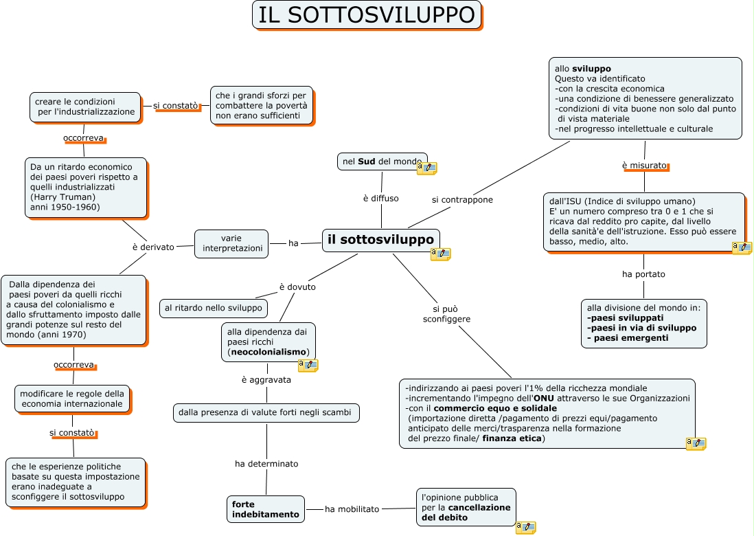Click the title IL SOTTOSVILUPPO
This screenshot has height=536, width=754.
pos(367,15)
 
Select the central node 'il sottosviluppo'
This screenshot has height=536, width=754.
pos(380,240)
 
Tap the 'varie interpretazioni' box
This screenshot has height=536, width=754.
pos(231,243)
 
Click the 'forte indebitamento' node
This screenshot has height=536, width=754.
pos(266,509)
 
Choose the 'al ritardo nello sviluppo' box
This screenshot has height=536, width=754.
pos(214,309)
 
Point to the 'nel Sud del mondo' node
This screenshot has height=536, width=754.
pos(382,161)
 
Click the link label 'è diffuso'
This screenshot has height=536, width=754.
pos(380,199)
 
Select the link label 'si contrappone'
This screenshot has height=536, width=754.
pos(462,200)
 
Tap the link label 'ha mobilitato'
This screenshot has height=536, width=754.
pos(352,509)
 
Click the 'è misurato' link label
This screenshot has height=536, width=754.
pos(644,166)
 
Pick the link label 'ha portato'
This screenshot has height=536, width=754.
pos(643,274)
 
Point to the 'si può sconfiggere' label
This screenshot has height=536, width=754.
pos(446,314)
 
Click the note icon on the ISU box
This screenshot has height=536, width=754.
pos(742,247)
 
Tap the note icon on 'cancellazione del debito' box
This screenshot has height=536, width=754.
pos(525,527)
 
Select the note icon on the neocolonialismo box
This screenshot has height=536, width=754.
pos(308,365)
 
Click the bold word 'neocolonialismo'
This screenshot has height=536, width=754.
pos(269,352)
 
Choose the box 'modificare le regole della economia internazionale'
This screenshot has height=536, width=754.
pos(72,399)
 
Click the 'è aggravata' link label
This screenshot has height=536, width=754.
pos(266,380)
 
